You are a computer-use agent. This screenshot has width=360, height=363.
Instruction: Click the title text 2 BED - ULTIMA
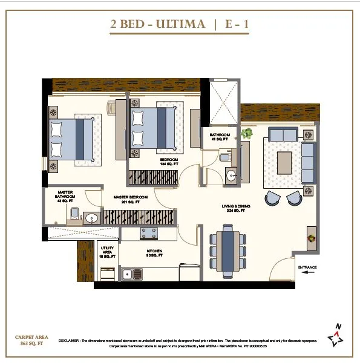pyautogui.click(x=156, y=25)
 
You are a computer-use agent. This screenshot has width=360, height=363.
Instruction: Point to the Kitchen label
pyautogui.click(x=154, y=253)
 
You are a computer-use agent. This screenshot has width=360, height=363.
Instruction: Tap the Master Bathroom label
pyautogui.click(x=65, y=196)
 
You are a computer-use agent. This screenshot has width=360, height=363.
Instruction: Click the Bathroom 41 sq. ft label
pyautogui.click(x=220, y=137)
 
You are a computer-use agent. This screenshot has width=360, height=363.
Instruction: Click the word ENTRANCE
pyautogui.click(x=308, y=267)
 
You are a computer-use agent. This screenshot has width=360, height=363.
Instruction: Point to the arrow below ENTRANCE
pyautogui.click(x=308, y=273)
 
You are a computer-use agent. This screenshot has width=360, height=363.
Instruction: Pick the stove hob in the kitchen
pyautogui.click(x=149, y=232)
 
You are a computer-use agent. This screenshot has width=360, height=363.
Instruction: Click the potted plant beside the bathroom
pyautogui.click(x=246, y=132)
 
